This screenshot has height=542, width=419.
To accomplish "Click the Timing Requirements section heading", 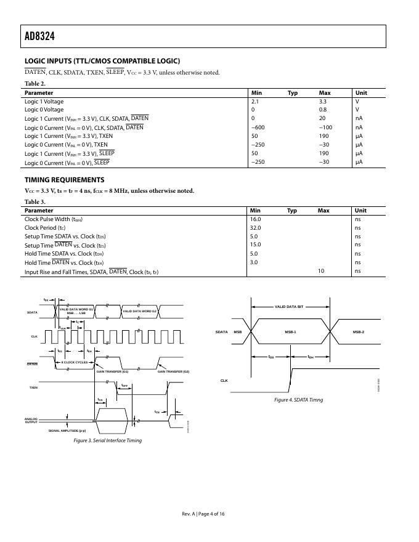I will point(64,180).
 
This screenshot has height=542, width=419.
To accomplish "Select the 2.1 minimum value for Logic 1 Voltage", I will point(254,101).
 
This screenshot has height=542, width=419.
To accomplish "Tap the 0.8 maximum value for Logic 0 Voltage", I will point(322,110).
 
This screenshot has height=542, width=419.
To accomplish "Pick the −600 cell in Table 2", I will point(258,127).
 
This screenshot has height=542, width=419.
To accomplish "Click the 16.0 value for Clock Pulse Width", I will point(255,219).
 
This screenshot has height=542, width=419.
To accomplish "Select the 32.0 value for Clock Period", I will point(255,227).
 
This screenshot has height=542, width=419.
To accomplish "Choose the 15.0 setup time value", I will point(255,245).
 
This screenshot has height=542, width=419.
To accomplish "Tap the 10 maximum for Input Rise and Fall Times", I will point(321,271).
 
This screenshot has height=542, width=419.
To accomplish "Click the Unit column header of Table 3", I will point(360,211).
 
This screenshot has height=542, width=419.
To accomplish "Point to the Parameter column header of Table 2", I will point(38,93).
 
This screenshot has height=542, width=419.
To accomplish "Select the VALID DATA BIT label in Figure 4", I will point(289,306).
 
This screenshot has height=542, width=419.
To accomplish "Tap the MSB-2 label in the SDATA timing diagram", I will point(358,332).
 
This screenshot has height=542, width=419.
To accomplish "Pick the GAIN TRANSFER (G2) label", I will point(173,371).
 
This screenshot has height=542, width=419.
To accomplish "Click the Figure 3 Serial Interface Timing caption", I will point(107,441).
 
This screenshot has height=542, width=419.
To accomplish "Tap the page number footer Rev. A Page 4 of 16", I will point(203,514).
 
